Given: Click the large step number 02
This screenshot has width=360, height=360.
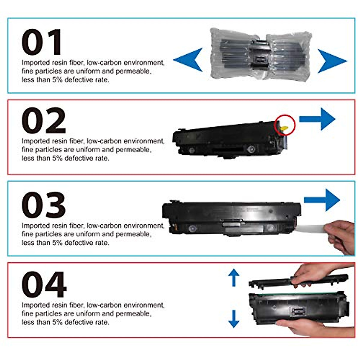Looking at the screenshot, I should click(x=44, y=121).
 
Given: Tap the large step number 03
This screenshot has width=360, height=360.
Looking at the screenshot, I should click(x=44, y=205).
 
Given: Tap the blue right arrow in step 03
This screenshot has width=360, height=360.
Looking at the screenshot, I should click(x=323, y=200).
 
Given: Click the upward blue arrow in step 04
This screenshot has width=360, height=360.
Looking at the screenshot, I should click(x=234, y=277).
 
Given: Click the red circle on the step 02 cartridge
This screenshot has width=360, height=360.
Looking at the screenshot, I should click(x=285, y=125).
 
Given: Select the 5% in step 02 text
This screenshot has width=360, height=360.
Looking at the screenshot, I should click(x=57, y=158).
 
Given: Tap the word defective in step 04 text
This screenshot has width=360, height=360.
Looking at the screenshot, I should click(x=79, y=322).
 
